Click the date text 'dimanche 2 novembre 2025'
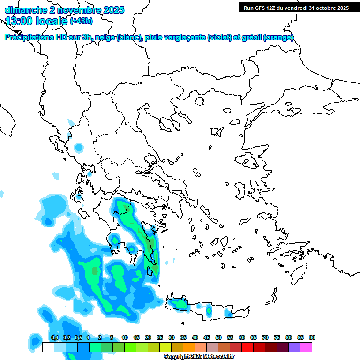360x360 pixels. coord(64,10)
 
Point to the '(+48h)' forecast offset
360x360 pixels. coord(81,21)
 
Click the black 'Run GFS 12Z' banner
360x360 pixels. coord(296,7)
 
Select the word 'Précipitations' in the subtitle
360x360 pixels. coord(29,38)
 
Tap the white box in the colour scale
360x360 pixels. coord(48,347)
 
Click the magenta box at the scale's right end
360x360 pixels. coord(306,347)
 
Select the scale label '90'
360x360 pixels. coord(312,338)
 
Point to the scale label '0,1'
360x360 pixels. coord(54,338)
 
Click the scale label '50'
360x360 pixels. coord(218,338)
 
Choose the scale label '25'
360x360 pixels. coord(160,338)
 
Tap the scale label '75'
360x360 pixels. coord(277,338)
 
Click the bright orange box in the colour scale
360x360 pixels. coord(189,347)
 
